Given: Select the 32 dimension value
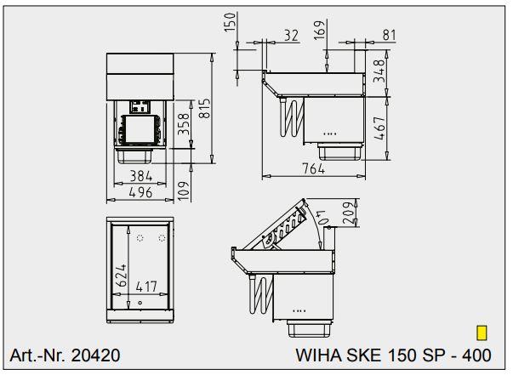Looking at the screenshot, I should tap(291, 35).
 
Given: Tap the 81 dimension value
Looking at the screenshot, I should tap(390, 35).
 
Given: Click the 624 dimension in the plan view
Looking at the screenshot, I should tap(123, 272).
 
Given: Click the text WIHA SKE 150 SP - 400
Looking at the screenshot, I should tap(393, 354).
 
